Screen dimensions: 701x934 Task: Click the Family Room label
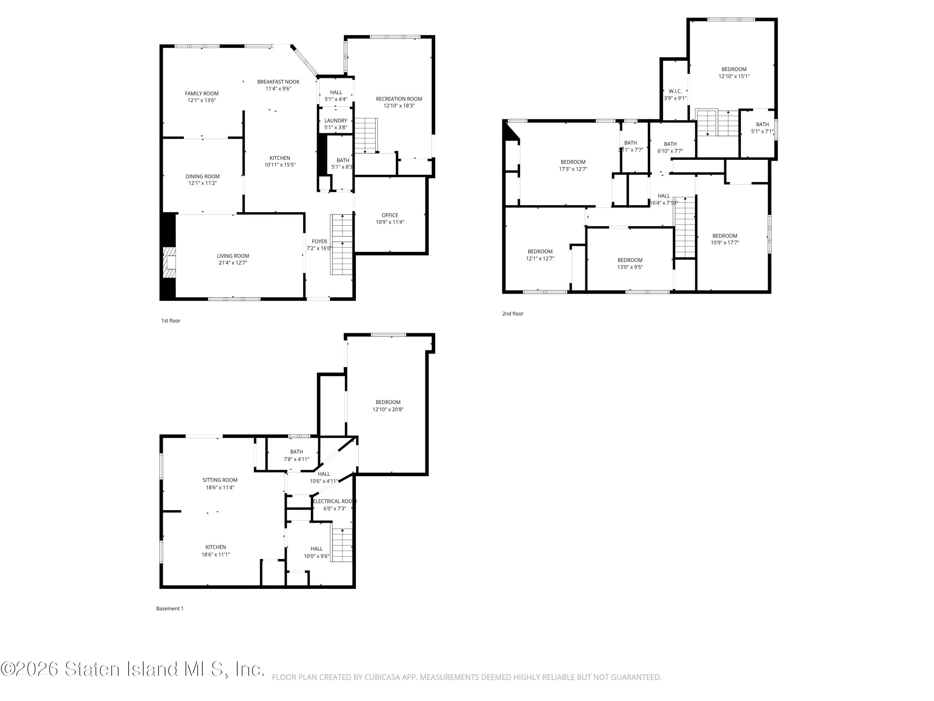[201, 93]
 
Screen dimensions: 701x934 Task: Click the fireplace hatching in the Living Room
[170, 263]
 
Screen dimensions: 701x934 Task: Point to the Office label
[390, 215]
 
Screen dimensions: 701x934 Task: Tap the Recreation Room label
[399, 99]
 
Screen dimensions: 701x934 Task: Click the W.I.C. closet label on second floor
[675, 91]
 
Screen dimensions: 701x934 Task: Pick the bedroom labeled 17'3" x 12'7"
[573, 165]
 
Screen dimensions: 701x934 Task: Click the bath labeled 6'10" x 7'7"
[670, 147]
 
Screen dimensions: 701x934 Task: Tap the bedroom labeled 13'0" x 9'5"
[630, 263]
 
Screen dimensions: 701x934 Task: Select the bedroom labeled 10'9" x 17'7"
[724, 239]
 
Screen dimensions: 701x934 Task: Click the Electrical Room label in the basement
[334, 501]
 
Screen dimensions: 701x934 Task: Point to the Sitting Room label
[219, 480]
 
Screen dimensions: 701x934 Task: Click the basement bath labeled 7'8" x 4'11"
[296, 455]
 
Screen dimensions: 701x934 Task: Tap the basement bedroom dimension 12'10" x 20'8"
[388, 409]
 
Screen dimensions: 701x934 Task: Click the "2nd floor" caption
[512, 313]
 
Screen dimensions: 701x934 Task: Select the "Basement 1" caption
[170, 608]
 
